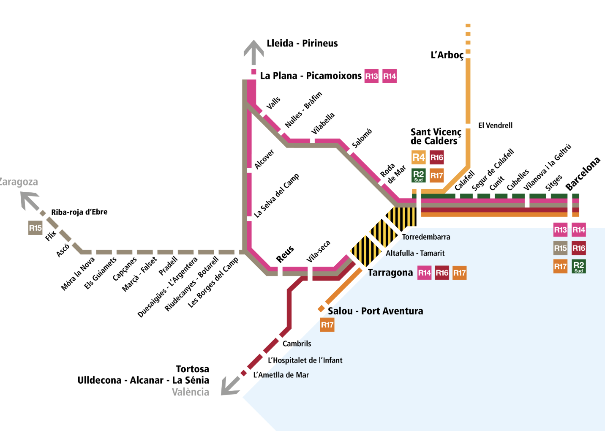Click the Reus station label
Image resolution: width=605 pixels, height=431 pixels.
coord(285,254)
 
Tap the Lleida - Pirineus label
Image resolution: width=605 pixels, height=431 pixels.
coord(302,43)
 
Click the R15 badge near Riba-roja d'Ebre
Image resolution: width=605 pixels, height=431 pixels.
coord(35,228)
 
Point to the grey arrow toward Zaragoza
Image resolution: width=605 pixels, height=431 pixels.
coord(30,200)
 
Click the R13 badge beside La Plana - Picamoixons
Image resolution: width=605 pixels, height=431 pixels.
coord(371,76)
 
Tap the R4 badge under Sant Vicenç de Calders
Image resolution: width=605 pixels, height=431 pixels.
coord(418,158)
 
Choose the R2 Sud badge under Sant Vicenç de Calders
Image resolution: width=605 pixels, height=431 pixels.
coord(418,175)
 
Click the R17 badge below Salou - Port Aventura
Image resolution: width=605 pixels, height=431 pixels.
coord(327,325)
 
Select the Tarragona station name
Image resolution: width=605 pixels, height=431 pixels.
coord(390,273)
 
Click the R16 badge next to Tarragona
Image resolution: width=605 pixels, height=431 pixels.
coord(442,273)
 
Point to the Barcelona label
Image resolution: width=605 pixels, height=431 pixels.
coord(583,174)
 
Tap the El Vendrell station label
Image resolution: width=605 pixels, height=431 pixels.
coord(495,125)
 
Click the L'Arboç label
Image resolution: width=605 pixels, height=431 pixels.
coord(447,55)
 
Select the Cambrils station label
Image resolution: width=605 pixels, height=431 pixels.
coord(297,344)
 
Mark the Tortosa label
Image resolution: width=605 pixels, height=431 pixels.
coord(192,369)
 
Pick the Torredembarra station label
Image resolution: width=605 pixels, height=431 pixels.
coord(426,237)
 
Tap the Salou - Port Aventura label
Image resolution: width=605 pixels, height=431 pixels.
coord(375,311)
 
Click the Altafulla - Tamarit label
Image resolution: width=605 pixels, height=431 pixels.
coord(415,253)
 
